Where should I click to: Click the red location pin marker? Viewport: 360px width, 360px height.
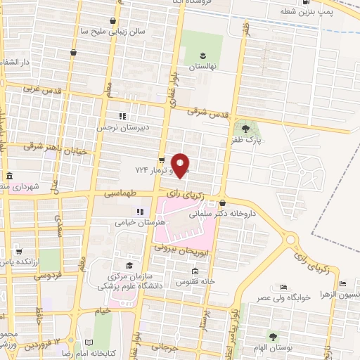(x=181, y=165)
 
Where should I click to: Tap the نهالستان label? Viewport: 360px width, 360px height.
(x=202, y=67)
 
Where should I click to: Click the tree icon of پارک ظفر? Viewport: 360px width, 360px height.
(x=245, y=128)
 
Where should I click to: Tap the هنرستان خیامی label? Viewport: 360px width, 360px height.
(x=141, y=222)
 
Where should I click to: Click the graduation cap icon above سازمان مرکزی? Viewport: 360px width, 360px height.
(x=129, y=264)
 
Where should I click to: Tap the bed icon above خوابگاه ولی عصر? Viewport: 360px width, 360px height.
(x=283, y=288)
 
